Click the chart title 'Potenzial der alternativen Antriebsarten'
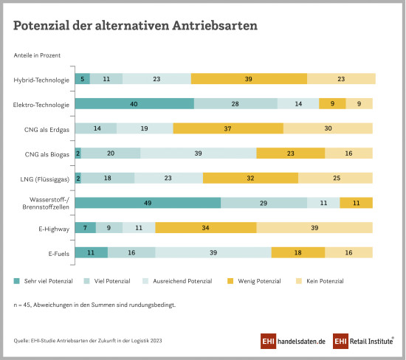(x=135, y=24)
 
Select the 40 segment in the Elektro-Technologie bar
(x=134, y=104)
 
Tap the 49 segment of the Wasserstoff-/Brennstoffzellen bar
(x=148, y=203)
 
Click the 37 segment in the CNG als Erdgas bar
(x=228, y=128)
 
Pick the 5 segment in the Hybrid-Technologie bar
(x=83, y=79)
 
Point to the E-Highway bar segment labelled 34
(x=205, y=228)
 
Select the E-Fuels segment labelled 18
(x=297, y=252)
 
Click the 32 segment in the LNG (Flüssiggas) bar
(x=250, y=178)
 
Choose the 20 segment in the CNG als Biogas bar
(x=111, y=153)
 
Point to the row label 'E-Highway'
(x=54, y=229)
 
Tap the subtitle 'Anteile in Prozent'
(x=37, y=55)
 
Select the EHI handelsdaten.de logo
(x=292, y=341)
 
